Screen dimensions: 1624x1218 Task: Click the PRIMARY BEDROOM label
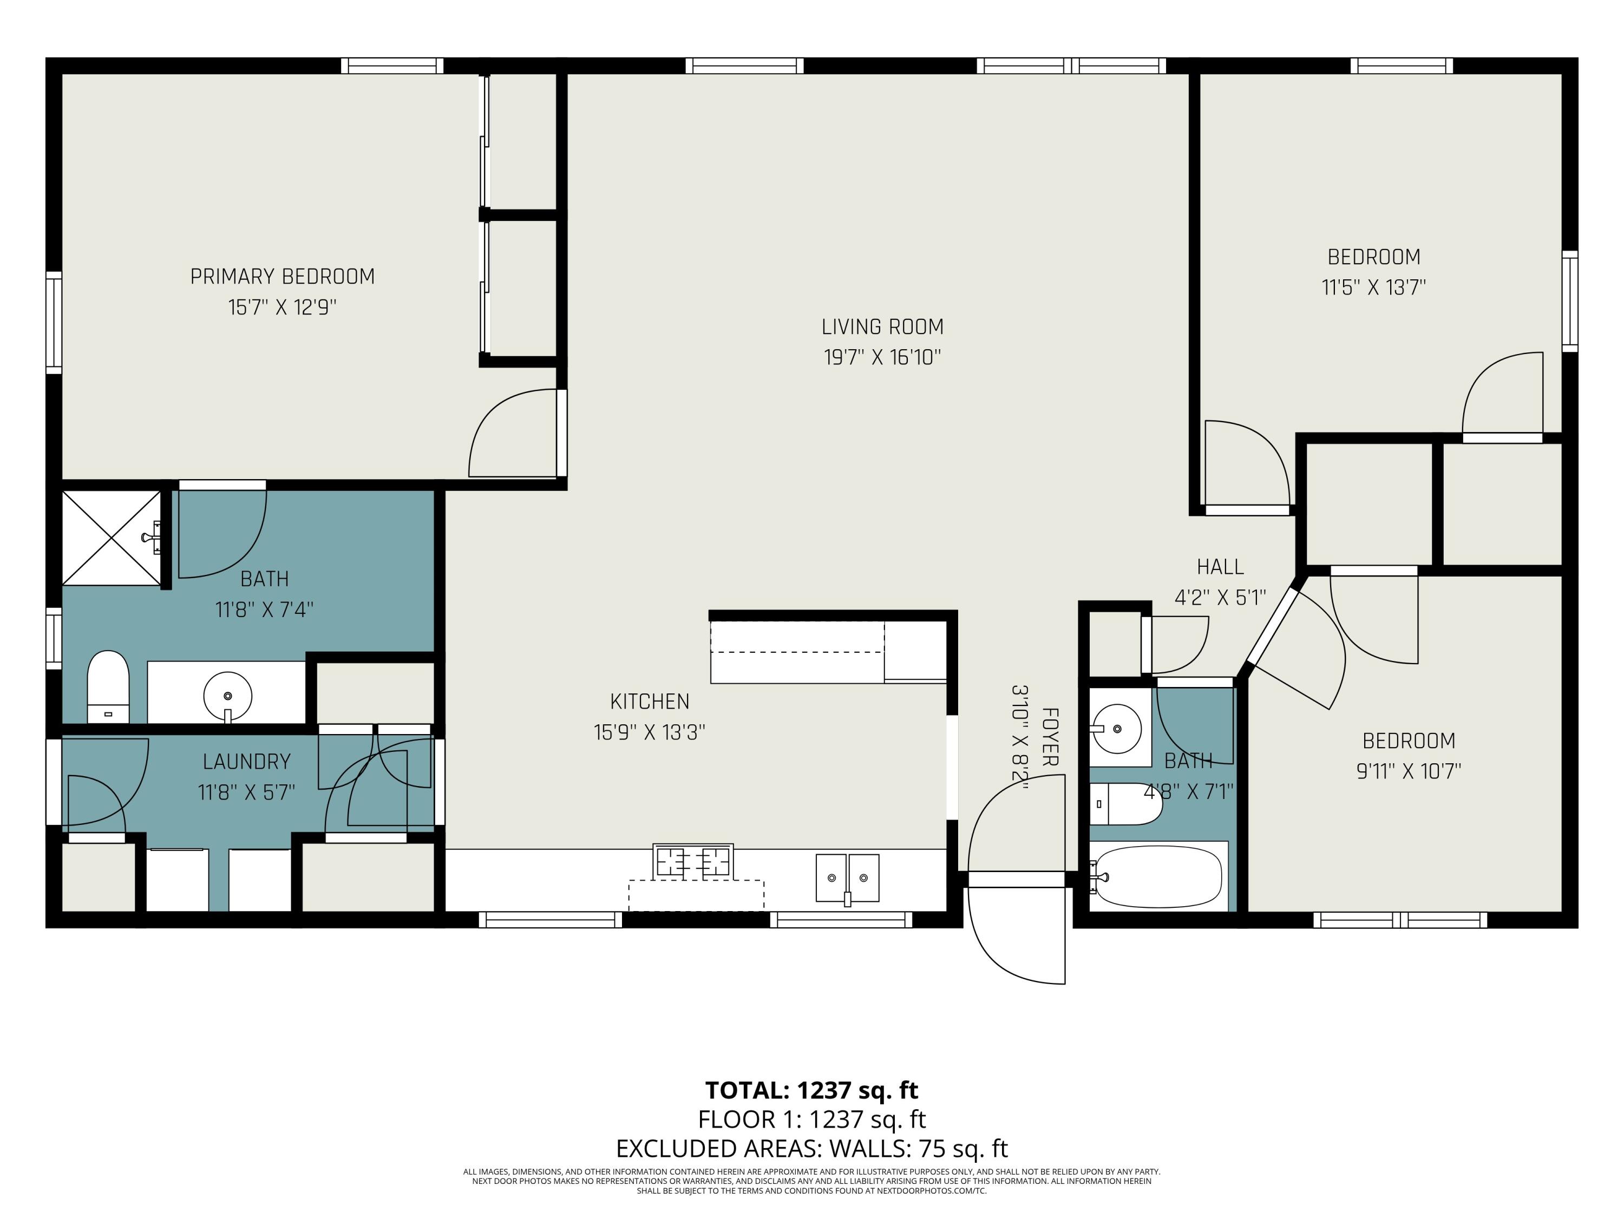(x=283, y=277)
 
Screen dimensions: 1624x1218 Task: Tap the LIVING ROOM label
(x=882, y=327)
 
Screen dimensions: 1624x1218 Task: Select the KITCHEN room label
(x=650, y=702)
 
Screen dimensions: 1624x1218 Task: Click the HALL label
(x=1220, y=567)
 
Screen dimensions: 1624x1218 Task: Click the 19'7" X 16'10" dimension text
(x=882, y=357)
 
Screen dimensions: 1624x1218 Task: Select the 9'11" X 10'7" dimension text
(x=1408, y=771)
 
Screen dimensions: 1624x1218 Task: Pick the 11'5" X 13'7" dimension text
(x=1374, y=287)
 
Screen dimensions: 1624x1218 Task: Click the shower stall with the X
(x=111, y=538)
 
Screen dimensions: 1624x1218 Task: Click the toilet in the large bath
(x=108, y=686)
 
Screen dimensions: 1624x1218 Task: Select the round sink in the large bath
(x=227, y=695)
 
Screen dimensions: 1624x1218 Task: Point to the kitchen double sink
(x=848, y=878)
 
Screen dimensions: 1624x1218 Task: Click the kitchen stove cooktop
(x=693, y=861)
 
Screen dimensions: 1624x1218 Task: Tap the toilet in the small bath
(x=1125, y=804)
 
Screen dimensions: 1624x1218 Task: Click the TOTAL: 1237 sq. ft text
(x=811, y=1091)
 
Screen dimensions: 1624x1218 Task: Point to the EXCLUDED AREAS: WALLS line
(x=811, y=1148)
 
